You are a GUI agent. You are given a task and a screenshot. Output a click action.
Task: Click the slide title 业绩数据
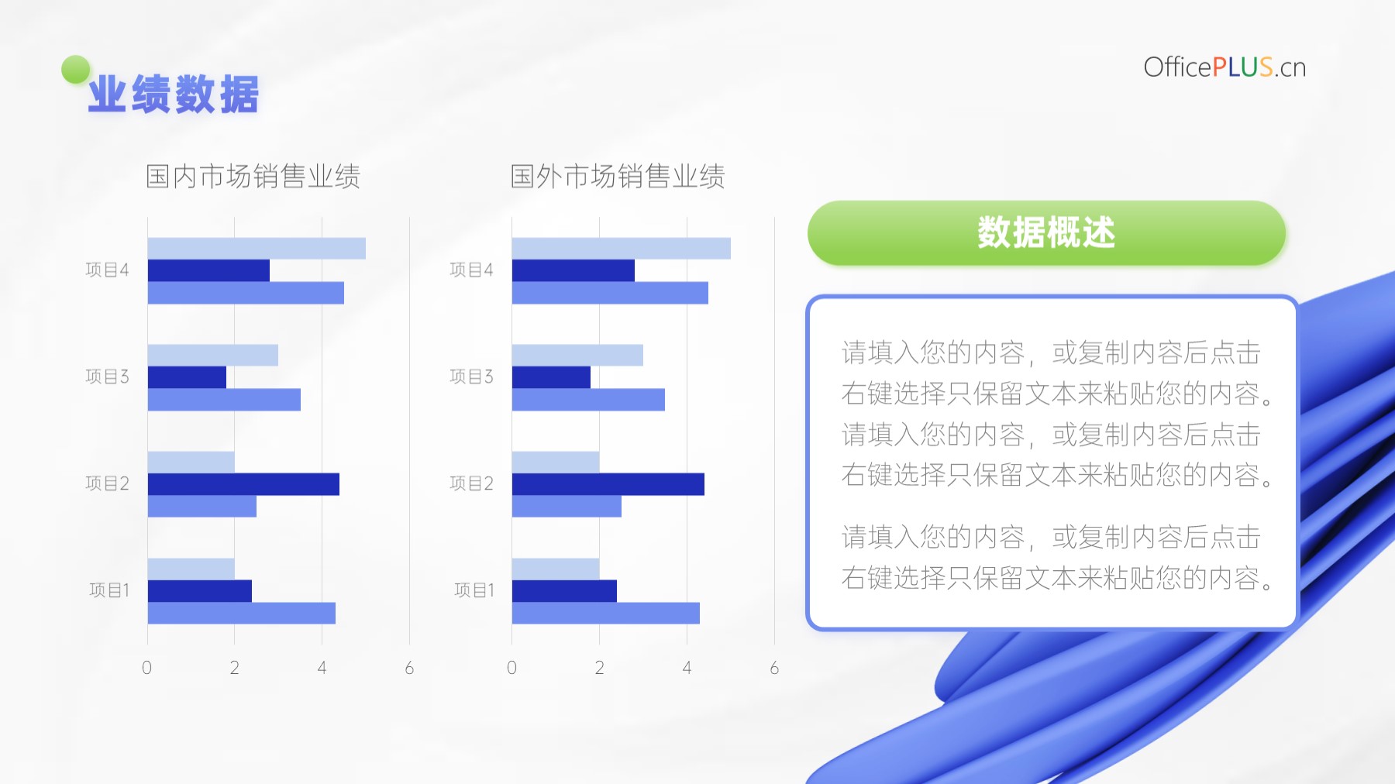[174, 95]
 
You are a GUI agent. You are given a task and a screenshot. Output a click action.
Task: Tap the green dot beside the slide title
[76, 70]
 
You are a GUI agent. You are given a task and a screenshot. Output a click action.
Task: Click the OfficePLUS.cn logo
[1224, 67]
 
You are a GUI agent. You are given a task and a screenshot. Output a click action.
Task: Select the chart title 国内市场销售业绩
[253, 177]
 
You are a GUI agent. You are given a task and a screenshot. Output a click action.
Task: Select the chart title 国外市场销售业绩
[618, 177]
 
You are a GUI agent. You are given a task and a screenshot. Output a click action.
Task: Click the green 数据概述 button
[1046, 233]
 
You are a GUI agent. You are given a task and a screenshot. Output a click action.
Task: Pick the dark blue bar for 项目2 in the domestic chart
[243, 484]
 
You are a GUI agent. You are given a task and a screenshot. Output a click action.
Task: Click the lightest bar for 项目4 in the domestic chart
[257, 249]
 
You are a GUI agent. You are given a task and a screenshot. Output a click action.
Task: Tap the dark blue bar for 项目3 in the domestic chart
[187, 377]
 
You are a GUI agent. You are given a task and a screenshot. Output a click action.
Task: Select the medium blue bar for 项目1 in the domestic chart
[242, 613]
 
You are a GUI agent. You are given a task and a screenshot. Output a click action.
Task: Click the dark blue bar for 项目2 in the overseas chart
[608, 484]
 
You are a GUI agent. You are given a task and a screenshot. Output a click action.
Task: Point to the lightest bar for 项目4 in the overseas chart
[622, 249]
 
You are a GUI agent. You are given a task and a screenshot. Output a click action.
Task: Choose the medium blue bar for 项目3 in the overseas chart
[588, 400]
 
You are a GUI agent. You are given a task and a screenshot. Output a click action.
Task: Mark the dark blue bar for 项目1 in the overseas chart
[564, 591]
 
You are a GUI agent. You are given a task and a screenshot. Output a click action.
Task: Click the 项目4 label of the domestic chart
[107, 270]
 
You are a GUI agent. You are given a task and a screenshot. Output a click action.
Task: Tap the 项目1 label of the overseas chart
[474, 590]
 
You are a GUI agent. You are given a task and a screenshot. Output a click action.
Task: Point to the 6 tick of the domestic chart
[409, 668]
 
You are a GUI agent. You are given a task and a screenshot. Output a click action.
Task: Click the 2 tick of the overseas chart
[599, 668]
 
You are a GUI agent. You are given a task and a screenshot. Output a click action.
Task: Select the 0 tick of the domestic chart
[147, 668]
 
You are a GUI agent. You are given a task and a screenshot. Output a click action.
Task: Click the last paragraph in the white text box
[1058, 557]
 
